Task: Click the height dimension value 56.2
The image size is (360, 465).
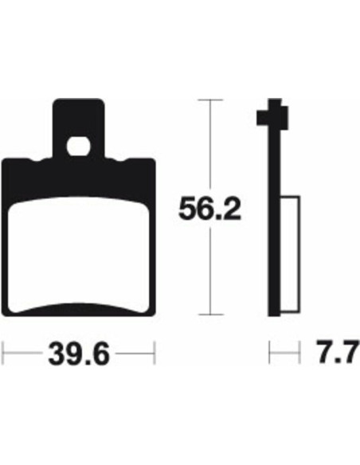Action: pos(208,209)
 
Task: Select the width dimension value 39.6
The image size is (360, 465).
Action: pos(79,350)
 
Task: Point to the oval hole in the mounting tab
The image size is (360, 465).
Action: pos(78,146)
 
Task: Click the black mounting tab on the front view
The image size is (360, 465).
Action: pos(78,119)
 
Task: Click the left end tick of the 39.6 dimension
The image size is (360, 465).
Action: pos(4,350)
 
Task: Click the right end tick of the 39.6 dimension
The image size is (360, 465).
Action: pos(155,350)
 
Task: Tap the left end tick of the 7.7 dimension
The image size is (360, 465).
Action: pos(270,350)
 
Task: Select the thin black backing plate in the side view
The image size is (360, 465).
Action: pos(276,239)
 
